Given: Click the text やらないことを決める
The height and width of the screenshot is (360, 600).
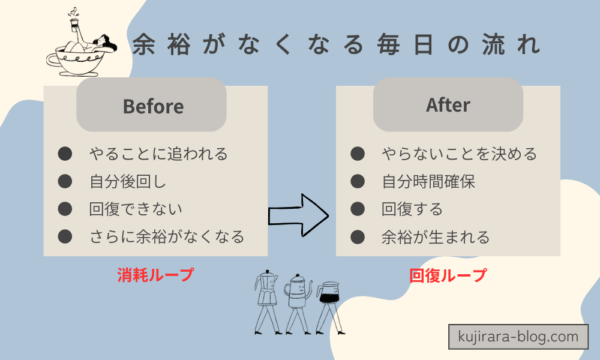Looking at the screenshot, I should (x=459, y=154).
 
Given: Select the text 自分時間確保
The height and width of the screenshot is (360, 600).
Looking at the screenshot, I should (x=433, y=182).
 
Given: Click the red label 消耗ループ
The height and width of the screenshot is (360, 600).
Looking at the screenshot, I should (x=154, y=273).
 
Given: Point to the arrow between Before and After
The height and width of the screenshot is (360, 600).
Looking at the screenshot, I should (x=300, y=212).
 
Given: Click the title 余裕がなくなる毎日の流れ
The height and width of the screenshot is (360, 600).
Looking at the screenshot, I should (x=336, y=45).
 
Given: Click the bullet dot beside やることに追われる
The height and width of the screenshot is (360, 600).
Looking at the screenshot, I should (x=65, y=154).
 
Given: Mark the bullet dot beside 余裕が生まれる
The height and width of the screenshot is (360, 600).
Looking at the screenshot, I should (x=358, y=238).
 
